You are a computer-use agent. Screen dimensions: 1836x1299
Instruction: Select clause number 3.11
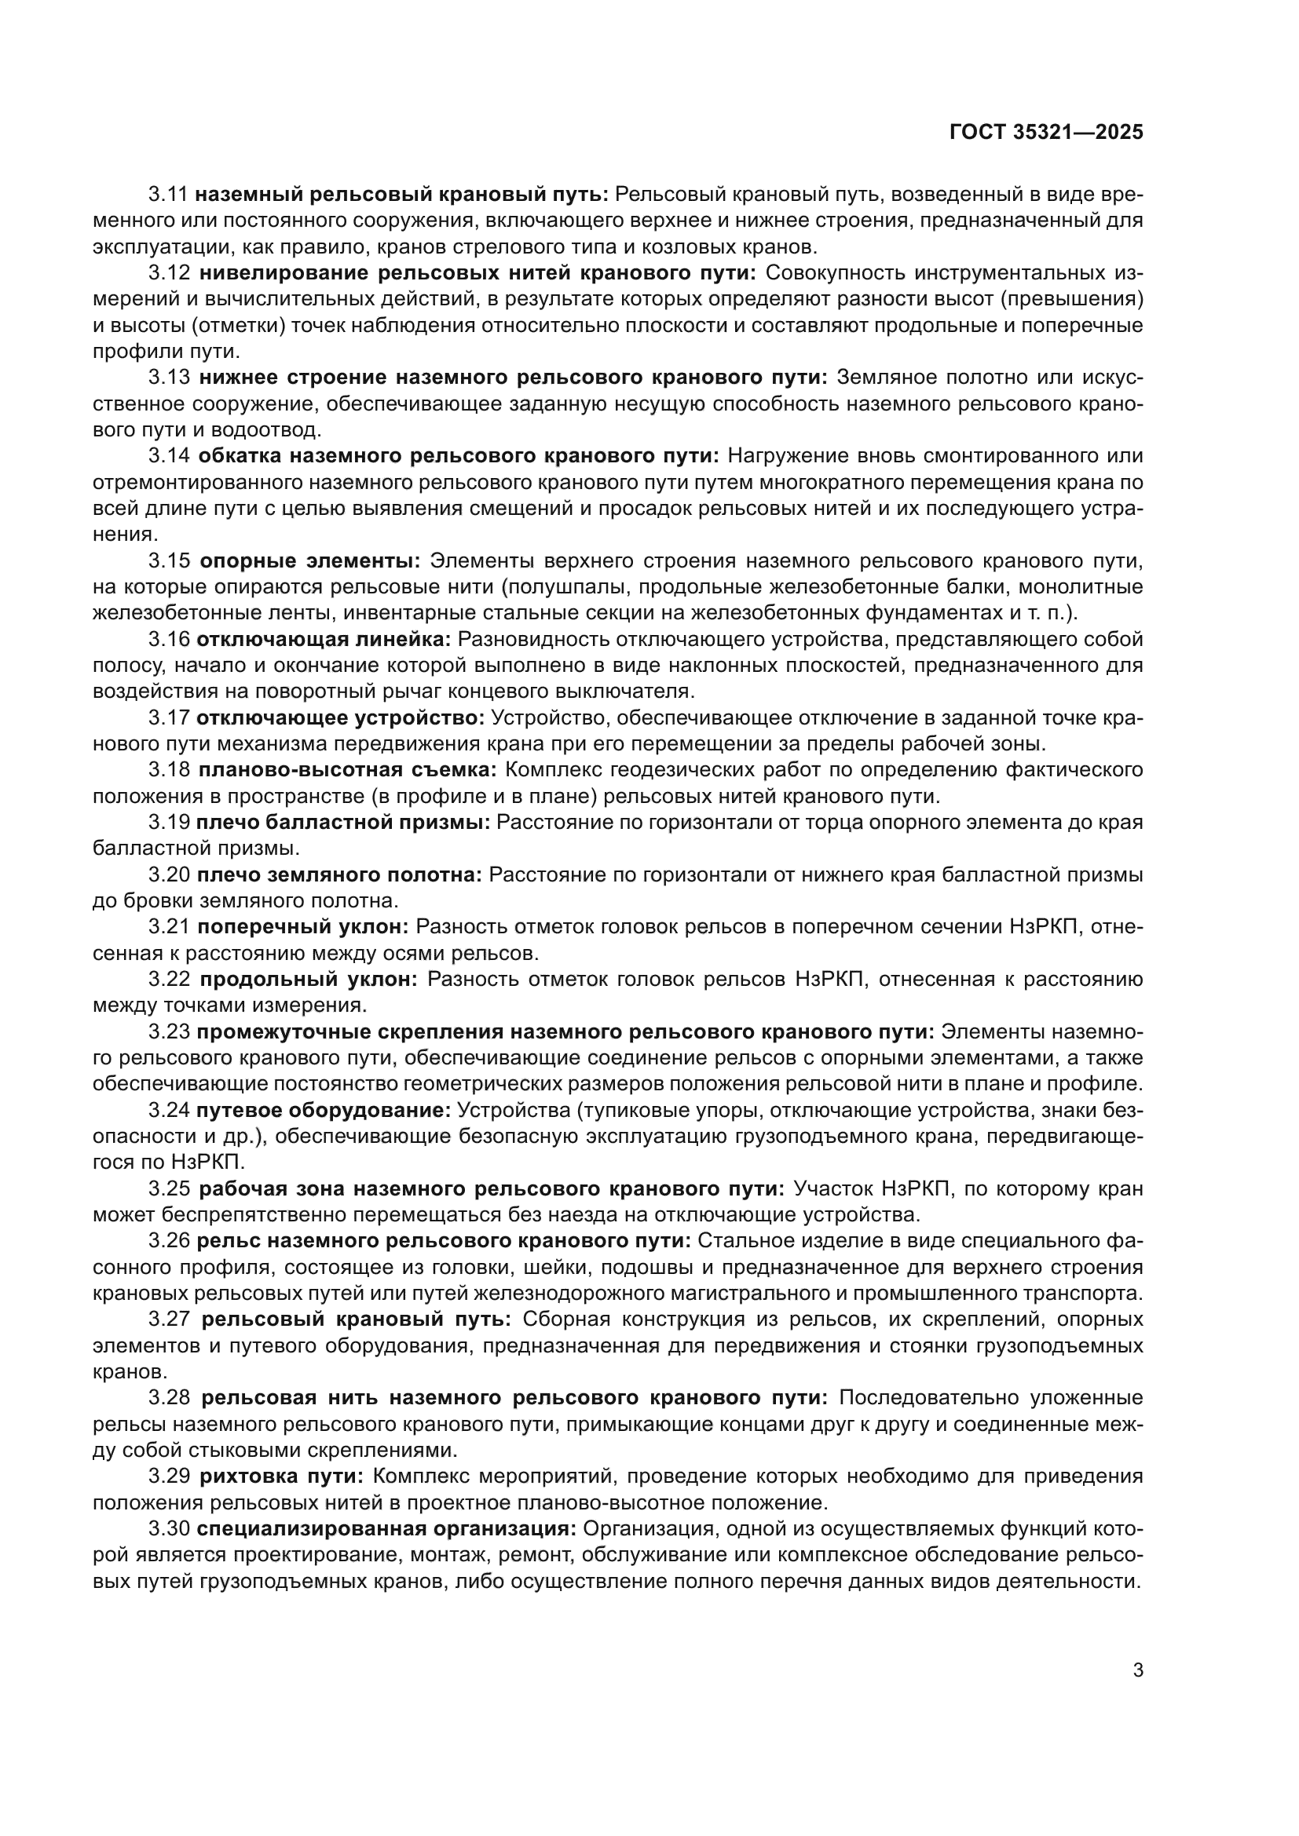pos(169,195)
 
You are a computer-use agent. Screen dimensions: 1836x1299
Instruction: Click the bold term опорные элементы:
pos(310,561)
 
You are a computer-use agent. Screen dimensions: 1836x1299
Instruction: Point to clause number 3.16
pos(169,640)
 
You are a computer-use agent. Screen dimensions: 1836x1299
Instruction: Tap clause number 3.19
pos(169,823)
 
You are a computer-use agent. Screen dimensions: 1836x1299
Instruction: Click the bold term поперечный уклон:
pos(303,928)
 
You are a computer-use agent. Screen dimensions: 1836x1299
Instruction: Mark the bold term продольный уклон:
pos(309,980)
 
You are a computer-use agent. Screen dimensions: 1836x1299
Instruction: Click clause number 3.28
pos(169,1399)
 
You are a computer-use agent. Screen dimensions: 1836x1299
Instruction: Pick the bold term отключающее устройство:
pos(340,718)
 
